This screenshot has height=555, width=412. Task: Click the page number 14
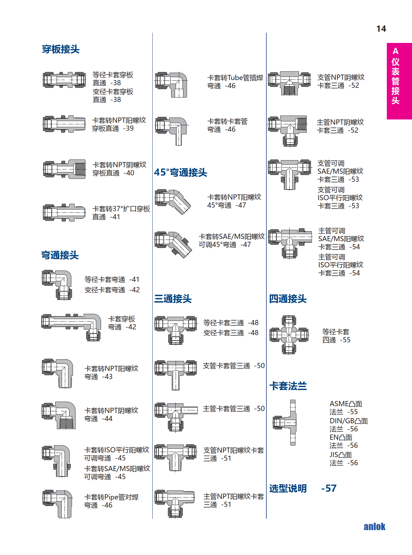click(381, 29)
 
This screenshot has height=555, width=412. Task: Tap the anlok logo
click(374, 527)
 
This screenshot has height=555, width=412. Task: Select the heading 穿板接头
click(61, 49)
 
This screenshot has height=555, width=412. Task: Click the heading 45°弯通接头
click(180, 172)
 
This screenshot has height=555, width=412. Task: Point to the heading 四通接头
click(288, 299)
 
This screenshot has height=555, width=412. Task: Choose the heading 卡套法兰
click(288, 386)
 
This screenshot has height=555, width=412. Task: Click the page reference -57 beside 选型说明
click(329, 488)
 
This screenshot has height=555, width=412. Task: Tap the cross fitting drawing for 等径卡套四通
click(289, 335)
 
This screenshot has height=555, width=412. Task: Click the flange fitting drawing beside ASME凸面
click(285, 422)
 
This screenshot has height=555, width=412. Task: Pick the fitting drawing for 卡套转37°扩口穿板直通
click(64, 212)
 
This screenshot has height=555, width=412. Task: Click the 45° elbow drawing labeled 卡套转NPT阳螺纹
click(173, 201)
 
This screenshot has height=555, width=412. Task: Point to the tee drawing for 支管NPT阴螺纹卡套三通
click(289, 83)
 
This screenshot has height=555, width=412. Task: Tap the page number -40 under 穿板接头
click(129, 173)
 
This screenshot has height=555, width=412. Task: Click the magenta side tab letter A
click(396, 51)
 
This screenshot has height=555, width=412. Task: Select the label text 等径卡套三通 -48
click(231, 323)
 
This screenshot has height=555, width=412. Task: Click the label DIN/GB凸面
click(348, 421)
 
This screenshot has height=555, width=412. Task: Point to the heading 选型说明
click(288, 488)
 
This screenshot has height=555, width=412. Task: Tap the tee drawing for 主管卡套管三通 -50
click(176, 416)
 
